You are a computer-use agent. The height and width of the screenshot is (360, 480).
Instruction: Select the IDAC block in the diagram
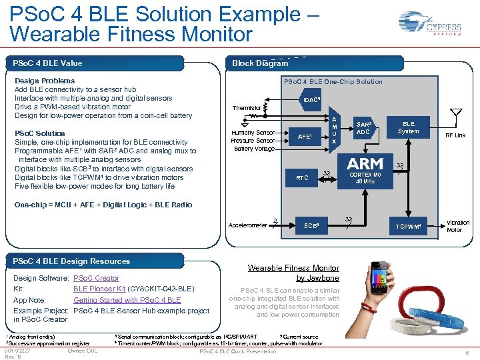click(311, 100)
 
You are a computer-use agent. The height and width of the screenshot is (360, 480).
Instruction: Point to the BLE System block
click(408, 127)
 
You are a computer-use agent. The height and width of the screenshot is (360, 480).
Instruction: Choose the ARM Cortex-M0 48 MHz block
click(365, 171)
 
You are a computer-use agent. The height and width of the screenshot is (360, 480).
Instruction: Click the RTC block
click(302, 178)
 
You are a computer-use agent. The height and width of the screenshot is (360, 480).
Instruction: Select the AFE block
click(305, 136)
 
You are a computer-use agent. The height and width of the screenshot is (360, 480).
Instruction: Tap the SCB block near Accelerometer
click(311, 226)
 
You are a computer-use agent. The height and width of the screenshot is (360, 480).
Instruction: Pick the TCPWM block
click(408, 227)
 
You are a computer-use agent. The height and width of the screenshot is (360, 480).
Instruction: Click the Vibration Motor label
click(457, 226)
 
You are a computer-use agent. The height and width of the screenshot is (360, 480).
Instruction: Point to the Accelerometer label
click(247, 225)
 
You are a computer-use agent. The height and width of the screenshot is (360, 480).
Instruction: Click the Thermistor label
click(246, 107)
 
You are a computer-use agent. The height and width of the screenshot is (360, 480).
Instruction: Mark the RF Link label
click(455, 135)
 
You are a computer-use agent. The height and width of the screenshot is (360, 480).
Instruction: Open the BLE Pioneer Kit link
click(99, 289)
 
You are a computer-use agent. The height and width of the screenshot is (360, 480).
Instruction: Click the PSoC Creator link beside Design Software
click(96, 278)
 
